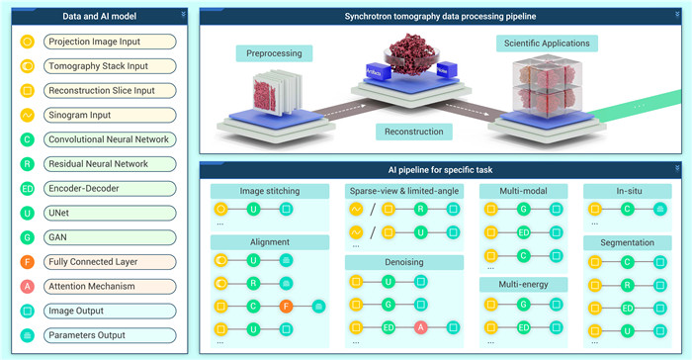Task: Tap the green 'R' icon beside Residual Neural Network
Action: point(28,164)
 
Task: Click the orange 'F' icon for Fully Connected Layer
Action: point(28,262)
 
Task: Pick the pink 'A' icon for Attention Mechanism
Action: point(28,287)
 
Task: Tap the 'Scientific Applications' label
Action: point(547,44)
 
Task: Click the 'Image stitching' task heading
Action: point(269,190)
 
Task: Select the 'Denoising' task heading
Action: point(403,263)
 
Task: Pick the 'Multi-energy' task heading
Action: point(523,285)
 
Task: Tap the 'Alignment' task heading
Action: point(269,242)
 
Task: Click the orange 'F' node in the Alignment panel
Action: point(287,307)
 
